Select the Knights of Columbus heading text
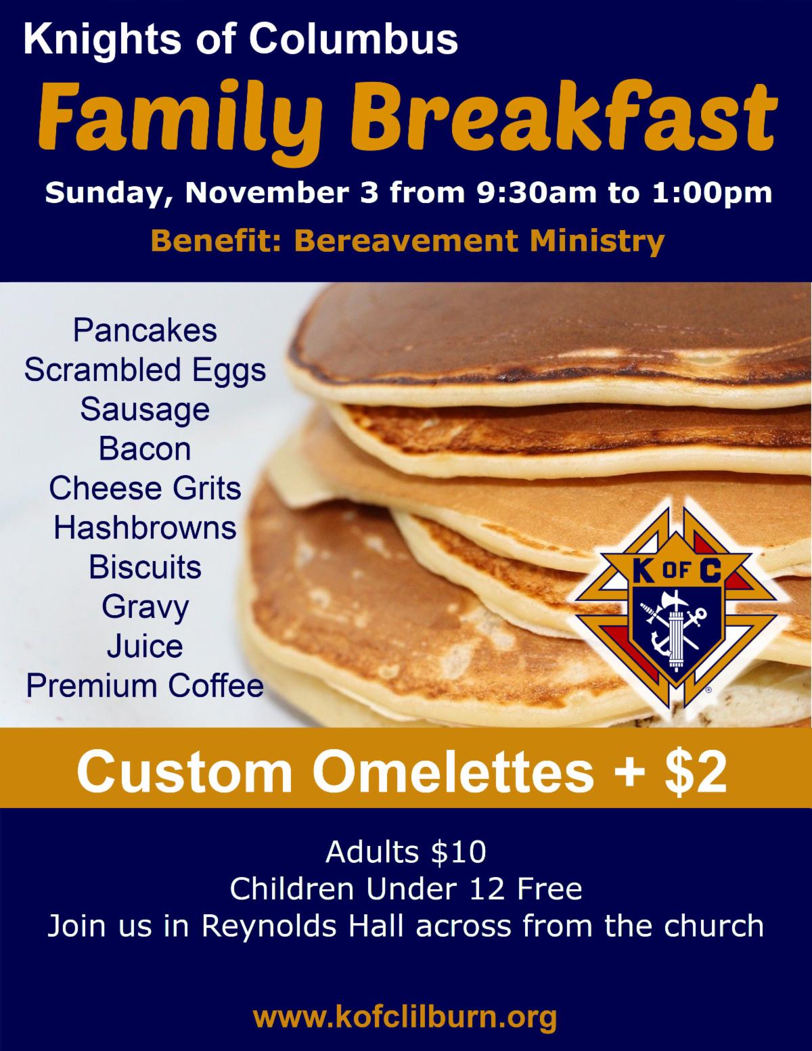coord(240,41)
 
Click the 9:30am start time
coord(537,192)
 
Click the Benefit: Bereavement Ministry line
coord(408,240)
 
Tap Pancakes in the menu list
coord(145,330)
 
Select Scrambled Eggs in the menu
coord(145,370)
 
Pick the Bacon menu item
coord(145,449)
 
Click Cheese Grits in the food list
coord(145,488)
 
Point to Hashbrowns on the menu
coord(145,528)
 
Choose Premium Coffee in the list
coord(145,686)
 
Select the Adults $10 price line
coord(406,852)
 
